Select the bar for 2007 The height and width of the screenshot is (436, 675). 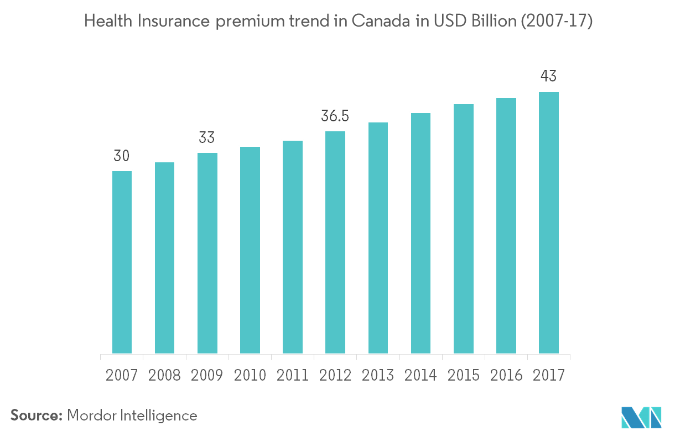click(x=122, y=261)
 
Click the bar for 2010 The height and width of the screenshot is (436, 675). click(x=250, y=250)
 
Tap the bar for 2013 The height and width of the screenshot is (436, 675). click(x=378, y=237)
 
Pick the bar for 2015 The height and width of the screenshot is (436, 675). click(x=464, y=228)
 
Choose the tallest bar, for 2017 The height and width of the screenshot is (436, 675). click(x=549, y=222)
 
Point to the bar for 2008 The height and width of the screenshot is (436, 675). click(x=164, y=257)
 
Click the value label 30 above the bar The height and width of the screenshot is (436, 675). click(x=122, y=157)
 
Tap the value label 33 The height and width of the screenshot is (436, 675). click(x=207, y=138)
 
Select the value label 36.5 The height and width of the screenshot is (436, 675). click(x=335, y=117)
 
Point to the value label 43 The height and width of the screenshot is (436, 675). click(x=549, y=76)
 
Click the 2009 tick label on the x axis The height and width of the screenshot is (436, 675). click(x=207, y=375)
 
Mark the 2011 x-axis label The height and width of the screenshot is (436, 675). click(x=292, y=375)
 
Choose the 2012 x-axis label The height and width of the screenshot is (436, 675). click(x=335, y=375)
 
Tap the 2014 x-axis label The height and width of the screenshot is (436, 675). click(x=420, y=375)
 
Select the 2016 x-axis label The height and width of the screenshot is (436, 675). click(x=506, y=375)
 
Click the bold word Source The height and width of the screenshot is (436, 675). click(x=37, y=415)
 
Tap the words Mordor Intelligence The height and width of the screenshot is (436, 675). click(x=132, y=415)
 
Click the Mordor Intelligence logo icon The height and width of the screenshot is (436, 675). click(x=641, y=417)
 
